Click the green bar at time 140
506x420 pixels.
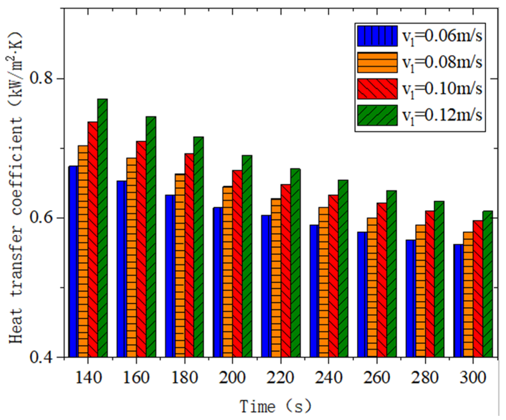[x=102, y=228]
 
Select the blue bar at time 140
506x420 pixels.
[x=73, y=261]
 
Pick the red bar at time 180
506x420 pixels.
[x=189, y=255]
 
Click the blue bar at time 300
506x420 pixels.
[x=459, y=300]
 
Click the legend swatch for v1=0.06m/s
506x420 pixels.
[x=377, y=36]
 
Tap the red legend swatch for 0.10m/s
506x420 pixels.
[x=377, y=89]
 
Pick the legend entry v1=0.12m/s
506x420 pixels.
[x=442, y=116]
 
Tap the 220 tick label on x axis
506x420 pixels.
[x=280, y=377]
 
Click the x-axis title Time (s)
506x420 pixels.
[x=276, y=407]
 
